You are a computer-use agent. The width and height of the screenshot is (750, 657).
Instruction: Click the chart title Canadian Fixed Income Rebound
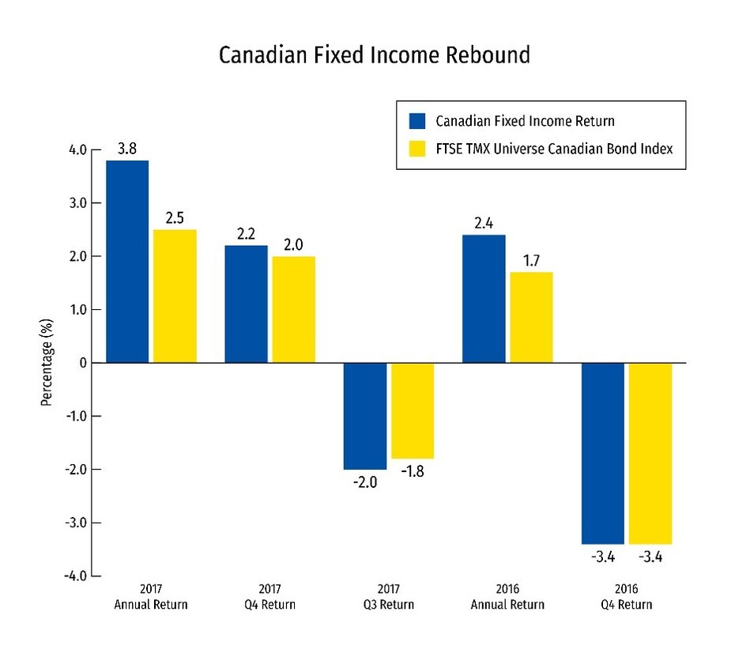[x=375, y=56]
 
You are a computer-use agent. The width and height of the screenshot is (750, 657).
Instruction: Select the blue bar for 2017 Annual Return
[x=127, y=261]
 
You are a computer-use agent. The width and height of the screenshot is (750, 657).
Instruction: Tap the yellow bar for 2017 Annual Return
[x=175, y=296]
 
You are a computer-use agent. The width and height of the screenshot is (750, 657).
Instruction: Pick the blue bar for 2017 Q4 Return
[x=246, y=304]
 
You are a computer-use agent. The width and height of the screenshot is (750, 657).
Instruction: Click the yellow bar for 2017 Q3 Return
[x=413, y=410]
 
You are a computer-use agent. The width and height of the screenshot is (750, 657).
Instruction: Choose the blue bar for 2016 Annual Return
[x=484, y=298]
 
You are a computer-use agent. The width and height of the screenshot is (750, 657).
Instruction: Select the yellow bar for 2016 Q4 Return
[x=650, y=453]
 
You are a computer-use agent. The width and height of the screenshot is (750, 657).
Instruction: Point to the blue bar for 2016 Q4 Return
[x=603, y=453]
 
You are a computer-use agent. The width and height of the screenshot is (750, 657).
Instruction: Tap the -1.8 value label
[x=413, y=473]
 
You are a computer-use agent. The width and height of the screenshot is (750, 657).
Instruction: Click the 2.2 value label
[x=247, y=233]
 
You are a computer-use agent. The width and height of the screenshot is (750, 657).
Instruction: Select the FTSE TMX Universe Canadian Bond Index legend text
[x=554, y=148]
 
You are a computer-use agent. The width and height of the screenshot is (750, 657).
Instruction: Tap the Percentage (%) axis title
[x=47, y=363]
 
